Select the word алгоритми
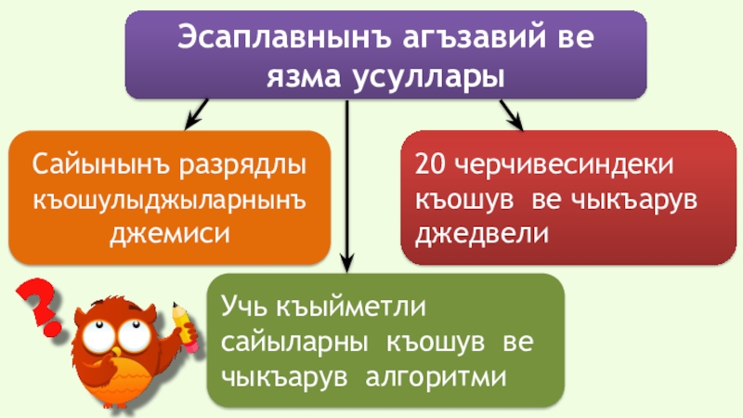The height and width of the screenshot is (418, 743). coord(437,376)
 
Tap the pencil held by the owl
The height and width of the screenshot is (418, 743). coord(185,324)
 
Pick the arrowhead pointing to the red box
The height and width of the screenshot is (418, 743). coord(514,121)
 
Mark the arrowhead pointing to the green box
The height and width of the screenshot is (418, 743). coord(347,263)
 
